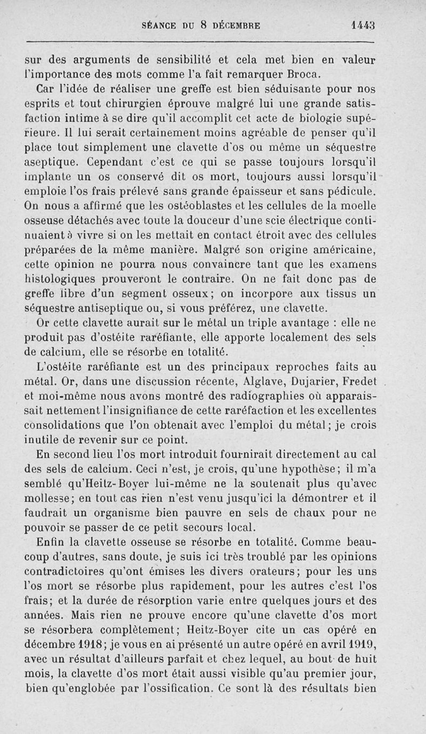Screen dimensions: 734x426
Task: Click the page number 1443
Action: [363, 25]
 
